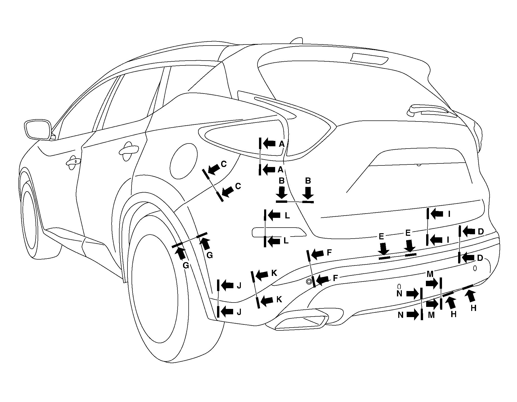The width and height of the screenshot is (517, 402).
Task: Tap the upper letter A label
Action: point(282,144)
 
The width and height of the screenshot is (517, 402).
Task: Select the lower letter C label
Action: point(238,186)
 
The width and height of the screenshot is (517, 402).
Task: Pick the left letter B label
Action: point(282,181)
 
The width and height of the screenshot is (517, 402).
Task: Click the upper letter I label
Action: point(449,214)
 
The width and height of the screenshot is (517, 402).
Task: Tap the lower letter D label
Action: point(480,258)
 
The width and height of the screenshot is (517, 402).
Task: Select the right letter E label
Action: point(408,233)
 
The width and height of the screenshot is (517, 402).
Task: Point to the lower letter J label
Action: point(239,312)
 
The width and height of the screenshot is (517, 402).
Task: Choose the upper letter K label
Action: point(274,273)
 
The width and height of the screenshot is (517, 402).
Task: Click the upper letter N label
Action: point(400,294)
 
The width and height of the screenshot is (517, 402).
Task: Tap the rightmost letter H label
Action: point(473,308)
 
